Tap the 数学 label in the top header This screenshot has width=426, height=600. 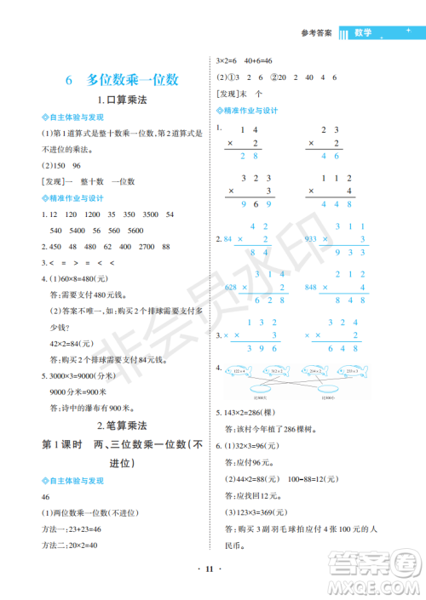363,34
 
